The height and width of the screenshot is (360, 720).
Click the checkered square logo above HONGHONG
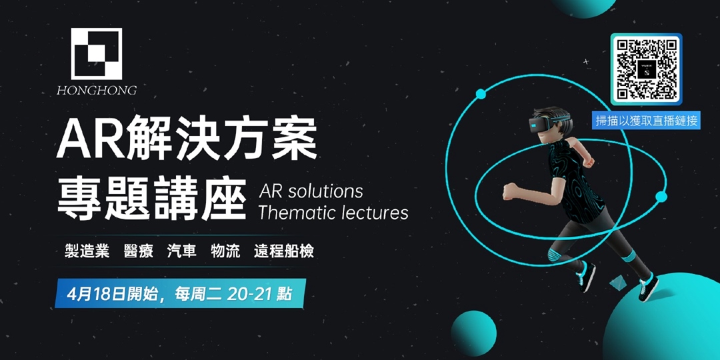tap(97, 54)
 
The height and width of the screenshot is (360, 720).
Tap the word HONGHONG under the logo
tap(97, 90)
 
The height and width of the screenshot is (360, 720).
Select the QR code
tap(646, 69)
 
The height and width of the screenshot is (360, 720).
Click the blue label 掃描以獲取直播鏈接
tap(646, 121)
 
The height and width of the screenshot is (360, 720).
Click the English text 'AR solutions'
tap(311, 191)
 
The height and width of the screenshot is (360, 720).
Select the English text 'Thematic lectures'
tap(333, 213)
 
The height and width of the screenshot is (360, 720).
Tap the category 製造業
tap(87, 251)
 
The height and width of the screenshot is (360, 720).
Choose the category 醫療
tap(138, 251)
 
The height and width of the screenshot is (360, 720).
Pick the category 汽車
tap(182, 251)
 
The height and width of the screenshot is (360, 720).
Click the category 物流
tap(225, 251)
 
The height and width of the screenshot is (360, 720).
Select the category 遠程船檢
tap(284, 251)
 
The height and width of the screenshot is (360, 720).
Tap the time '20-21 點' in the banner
tap(259, 293)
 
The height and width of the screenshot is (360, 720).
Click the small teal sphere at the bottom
tap(473, 333)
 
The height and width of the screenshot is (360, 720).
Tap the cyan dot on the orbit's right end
tap(661, 197)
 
